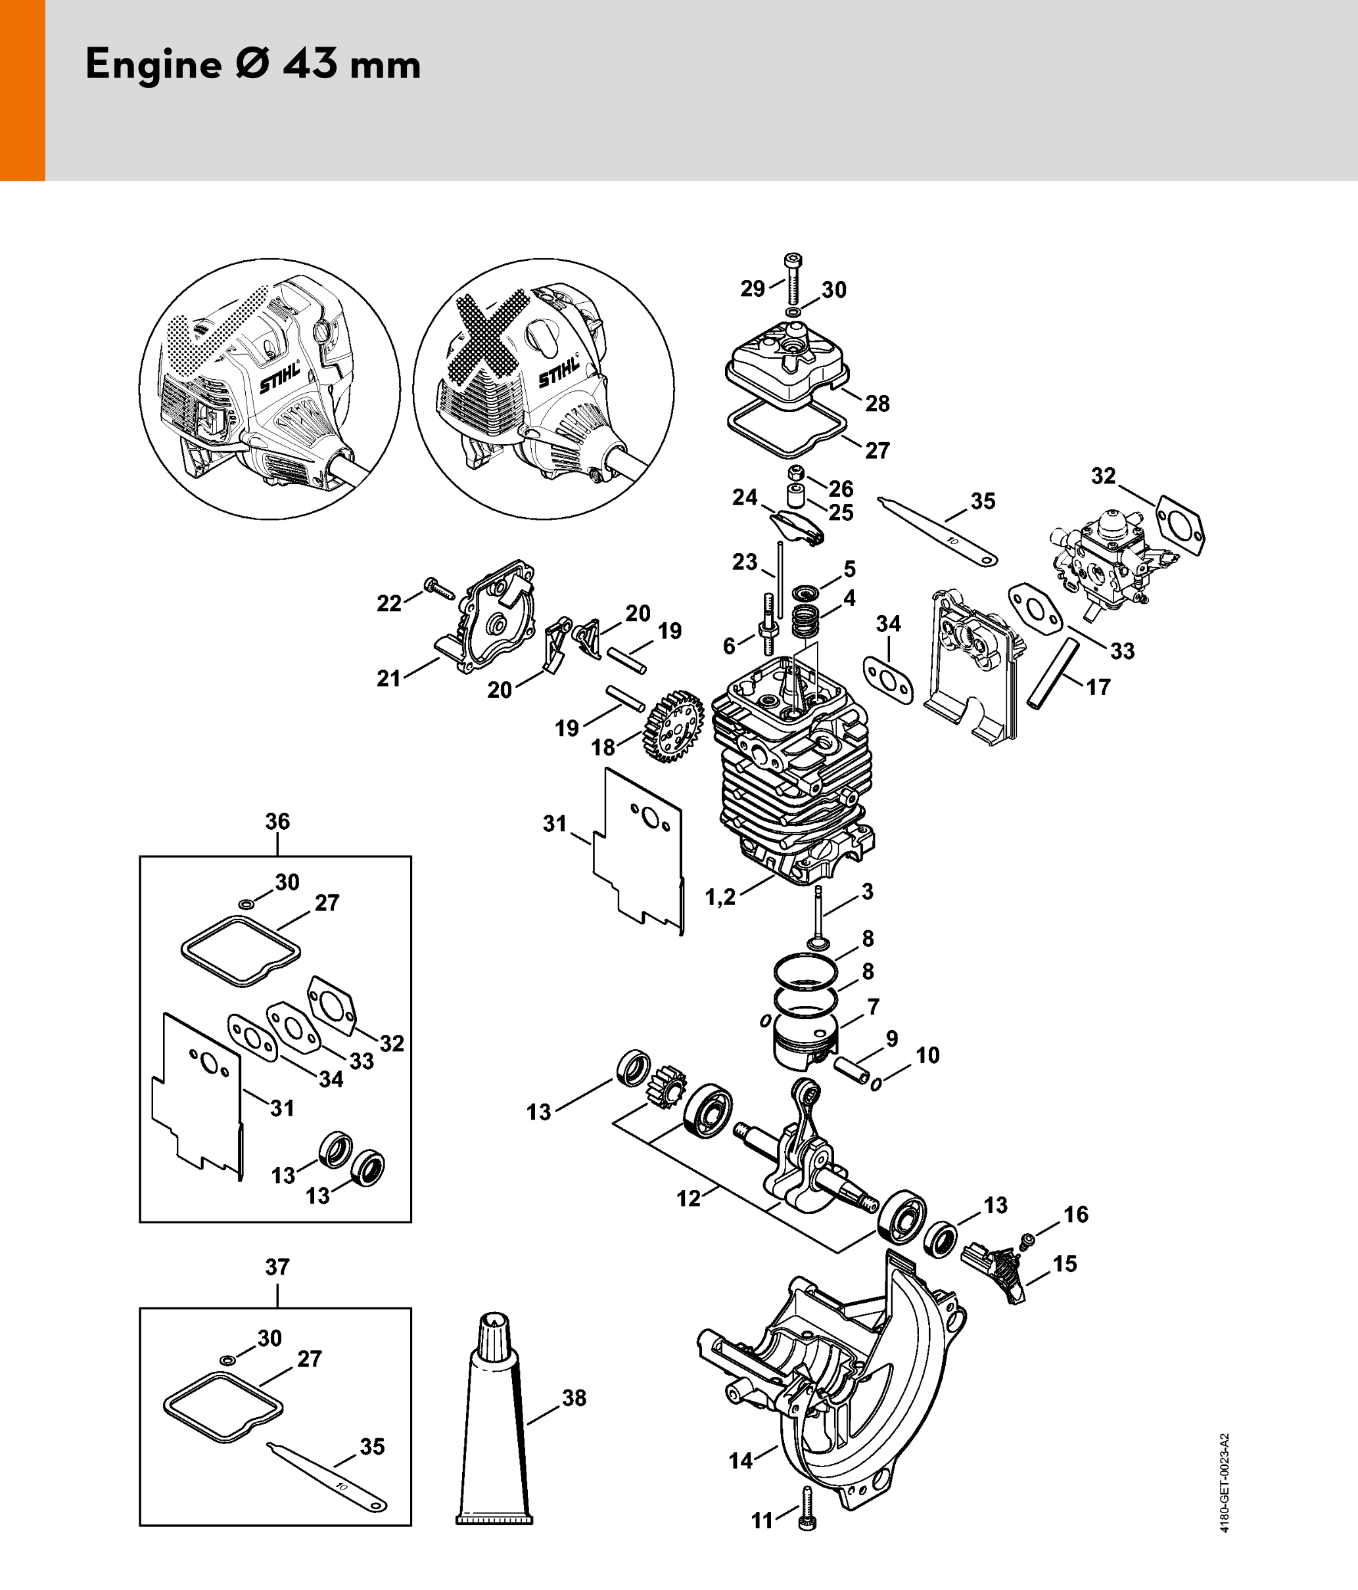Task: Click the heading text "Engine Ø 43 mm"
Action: tap(252, 64)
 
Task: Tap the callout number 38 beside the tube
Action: tap(574, 1397)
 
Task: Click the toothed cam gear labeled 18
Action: tap(673, 725)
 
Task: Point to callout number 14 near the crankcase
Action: tap(741, 1461)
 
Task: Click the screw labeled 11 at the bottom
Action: tap(806, 1509)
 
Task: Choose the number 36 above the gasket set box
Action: tap(277, 821)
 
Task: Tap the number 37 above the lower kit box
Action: tap(277, 1266)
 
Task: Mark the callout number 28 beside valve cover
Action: tap(878, 403)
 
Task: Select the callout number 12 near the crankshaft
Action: tap(689, 1198)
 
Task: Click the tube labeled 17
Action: tap(1052, 675)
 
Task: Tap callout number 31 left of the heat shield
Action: tap(554, 823)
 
